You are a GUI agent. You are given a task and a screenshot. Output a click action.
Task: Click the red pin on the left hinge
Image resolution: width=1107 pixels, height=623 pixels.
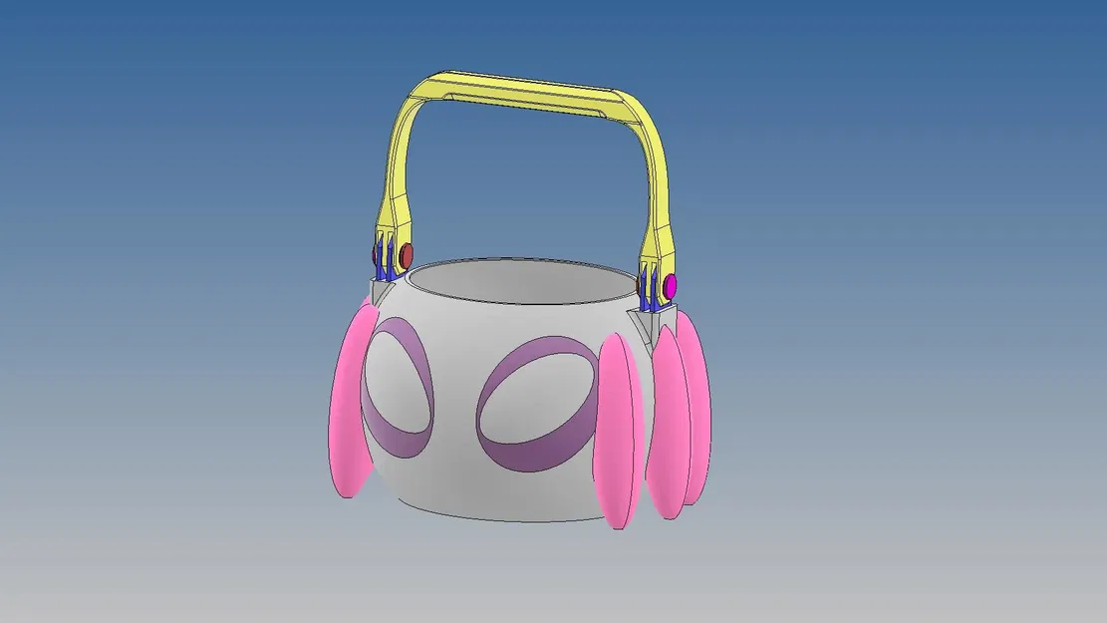[x=406, y=255]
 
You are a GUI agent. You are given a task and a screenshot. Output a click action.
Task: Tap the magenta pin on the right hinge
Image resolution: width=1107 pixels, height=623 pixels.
[x=671, y=287]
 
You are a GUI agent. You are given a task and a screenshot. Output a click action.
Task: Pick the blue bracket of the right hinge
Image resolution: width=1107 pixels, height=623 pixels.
[x=650, y=288]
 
